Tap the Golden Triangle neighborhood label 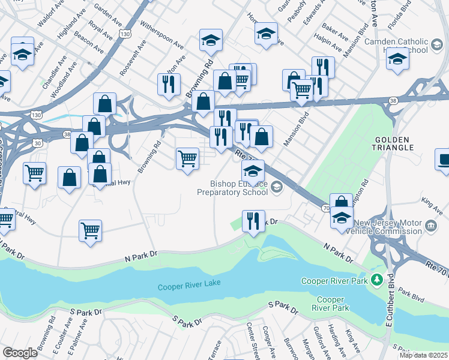pyautogui.click(x=394, y=143)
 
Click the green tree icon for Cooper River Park pyautogui.click(x=376, y=280)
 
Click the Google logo pyautogui.click(x=20, y=353)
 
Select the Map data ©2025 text pyautogui.click(x=423, y=355)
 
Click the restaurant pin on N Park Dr pyautogui.click(x=253, y=221)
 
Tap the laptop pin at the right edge pyautogui.click(x=443, y=160)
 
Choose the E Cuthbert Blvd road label pyautogui.click(x=390, y=300)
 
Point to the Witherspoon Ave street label pyautogui.click(x=161, y=35)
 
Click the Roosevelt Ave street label pyautogui.click(x=132, y=58)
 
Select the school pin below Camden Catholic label pyautogui.click(x=397, y=59)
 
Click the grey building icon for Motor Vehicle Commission pyautogui.click(x=430, y=226)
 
